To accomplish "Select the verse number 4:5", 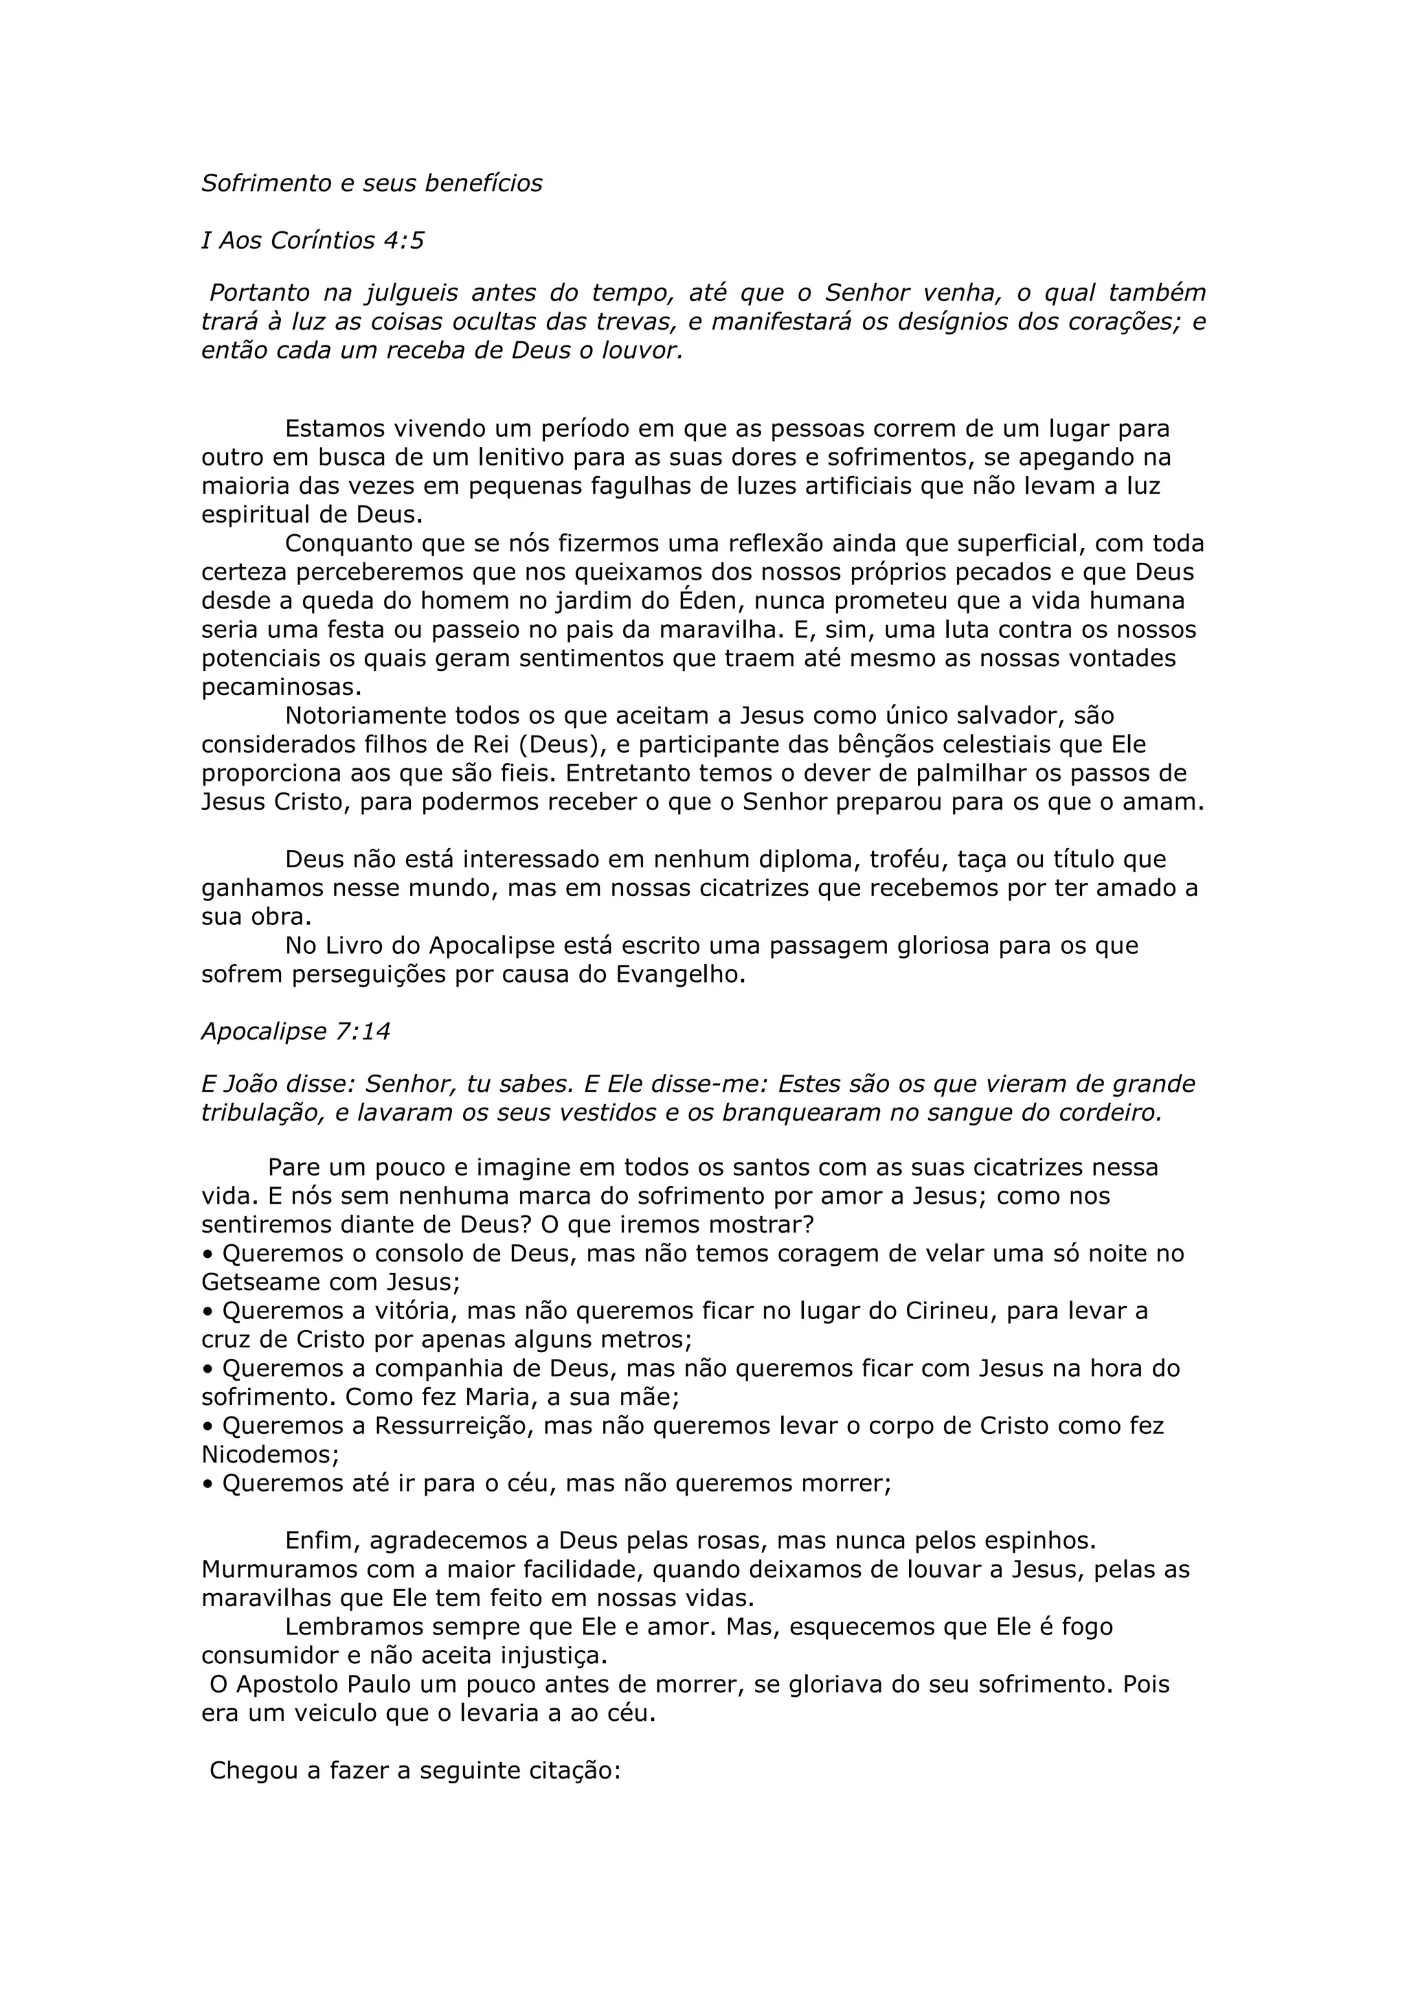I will (x=404, y=240).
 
